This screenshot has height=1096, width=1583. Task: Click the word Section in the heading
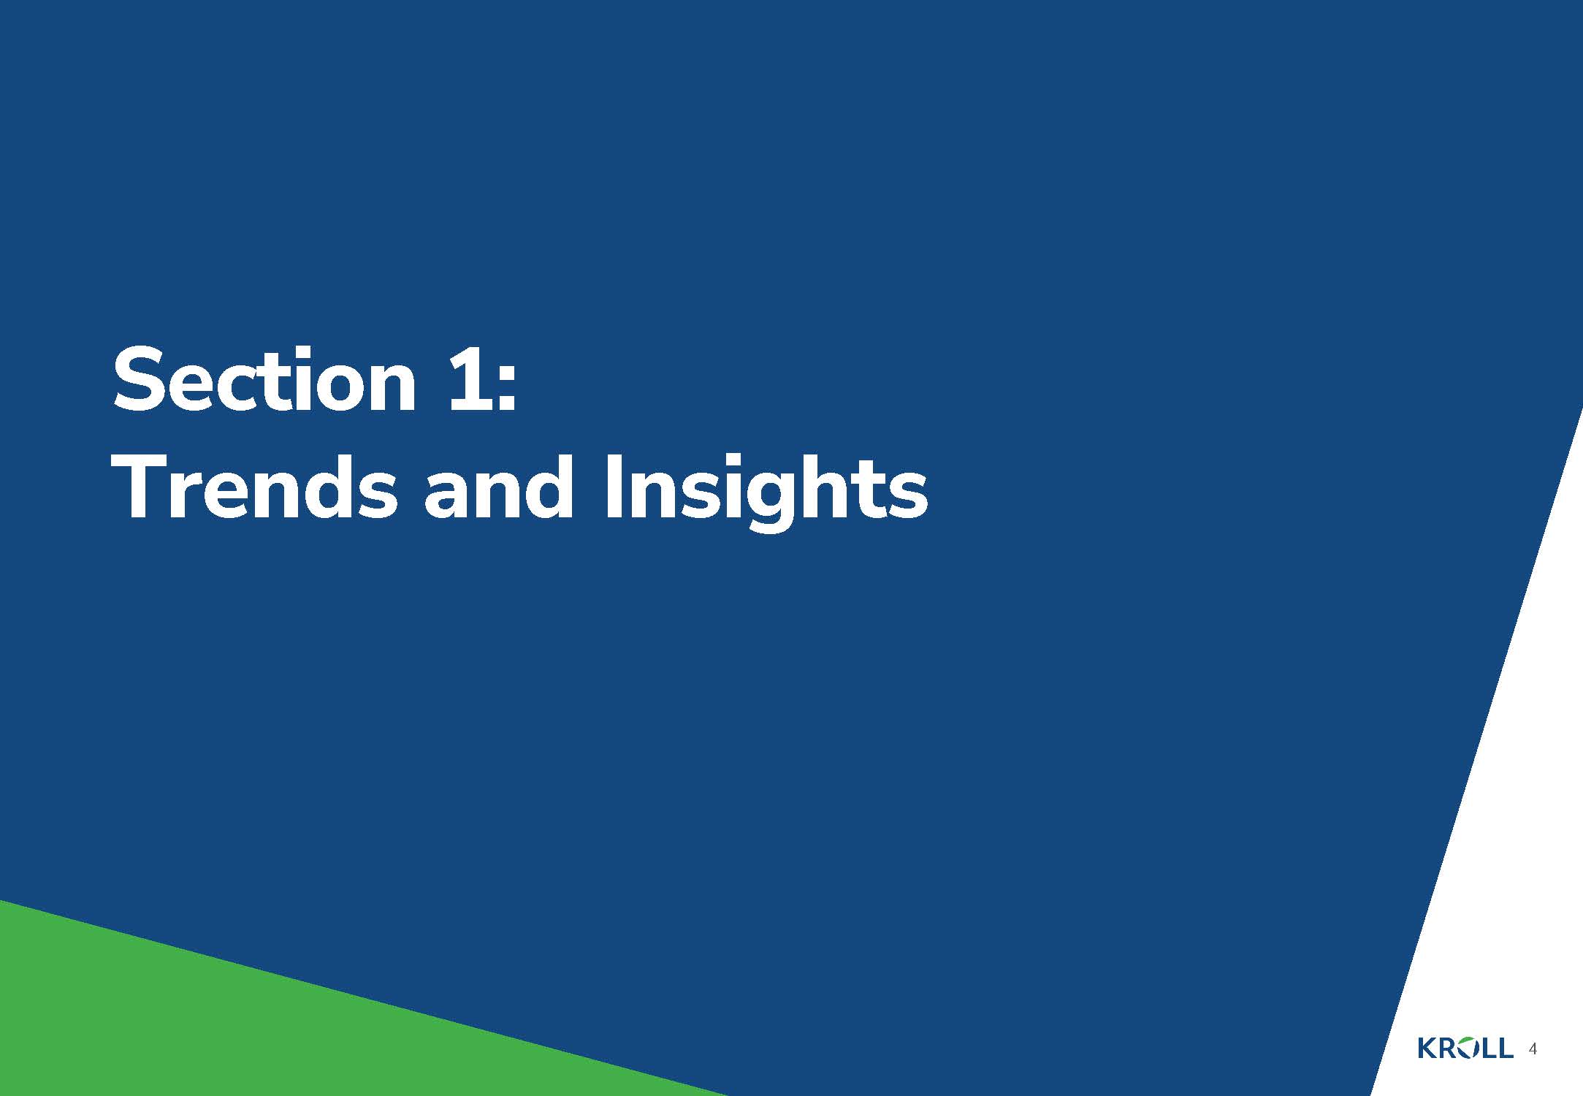[264, 379]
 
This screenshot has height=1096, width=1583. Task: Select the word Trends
[255, 487]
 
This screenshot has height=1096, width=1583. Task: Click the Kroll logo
[1465, 1048]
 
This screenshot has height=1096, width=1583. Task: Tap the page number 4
[1533, 1049]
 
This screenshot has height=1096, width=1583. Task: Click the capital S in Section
[140, 379]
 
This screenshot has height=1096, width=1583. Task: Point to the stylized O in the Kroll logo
[1465, 1048]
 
